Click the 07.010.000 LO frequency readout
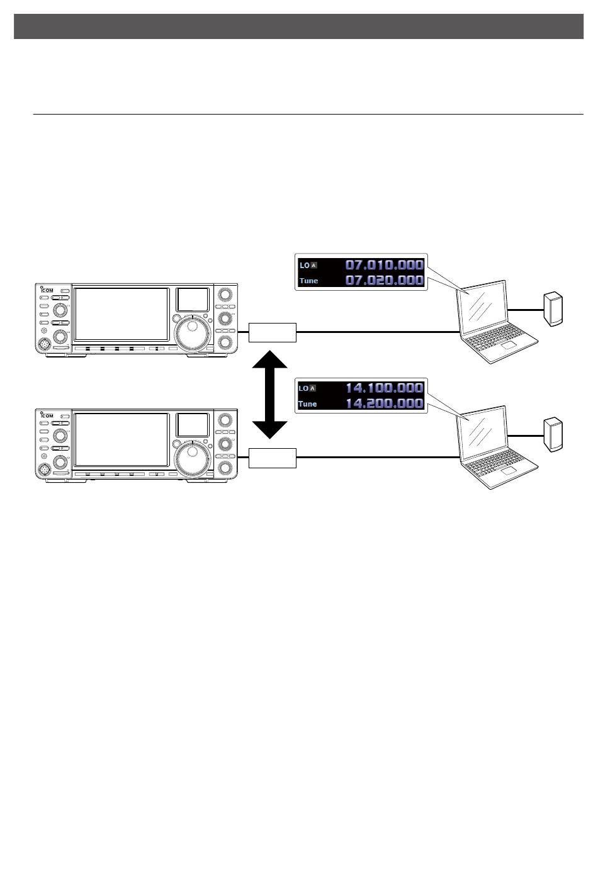click(385, 265)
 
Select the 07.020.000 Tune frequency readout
click(385, 280)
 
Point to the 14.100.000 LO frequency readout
click(385, 388)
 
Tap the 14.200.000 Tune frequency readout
click(385, 403)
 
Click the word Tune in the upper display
click(308, 281)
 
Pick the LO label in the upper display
click(304, 266)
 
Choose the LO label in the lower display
click(303, 388)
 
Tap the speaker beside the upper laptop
click(553, 309)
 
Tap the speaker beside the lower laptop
click(553, 434)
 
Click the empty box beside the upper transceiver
click(273, 332)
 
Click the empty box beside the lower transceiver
click(273, 458)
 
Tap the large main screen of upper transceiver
click(121, 315)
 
